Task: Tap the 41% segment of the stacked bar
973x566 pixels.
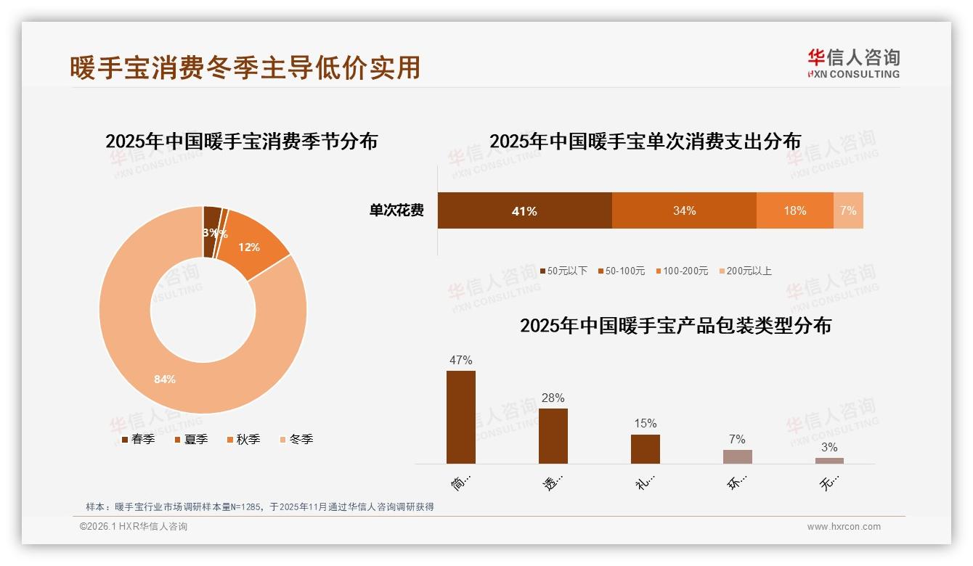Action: (524, 210)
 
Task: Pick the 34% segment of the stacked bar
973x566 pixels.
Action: (684, 210)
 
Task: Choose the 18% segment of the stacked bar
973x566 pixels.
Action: (794, 210)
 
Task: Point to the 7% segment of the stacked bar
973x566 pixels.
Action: (848, 210)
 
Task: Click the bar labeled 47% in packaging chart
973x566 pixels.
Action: (461, 417)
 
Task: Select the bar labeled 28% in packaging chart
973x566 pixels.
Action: (553, 435)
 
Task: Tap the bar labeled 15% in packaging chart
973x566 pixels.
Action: (646, 448)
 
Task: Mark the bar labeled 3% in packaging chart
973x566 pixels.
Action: (829, 461)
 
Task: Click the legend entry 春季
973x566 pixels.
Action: (138, 439)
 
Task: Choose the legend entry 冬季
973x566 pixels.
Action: (296, 439)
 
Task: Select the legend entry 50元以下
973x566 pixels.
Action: (563, 271)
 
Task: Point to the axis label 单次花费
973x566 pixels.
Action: (396, 210)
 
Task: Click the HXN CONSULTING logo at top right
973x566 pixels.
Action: (853, 63)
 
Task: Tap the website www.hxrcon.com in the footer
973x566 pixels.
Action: (844, 527)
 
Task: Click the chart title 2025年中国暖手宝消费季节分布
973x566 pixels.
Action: (241, 141)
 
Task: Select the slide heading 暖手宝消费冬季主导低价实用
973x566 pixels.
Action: (245, 67)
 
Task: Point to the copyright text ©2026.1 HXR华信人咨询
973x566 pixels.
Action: (134, 527)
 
